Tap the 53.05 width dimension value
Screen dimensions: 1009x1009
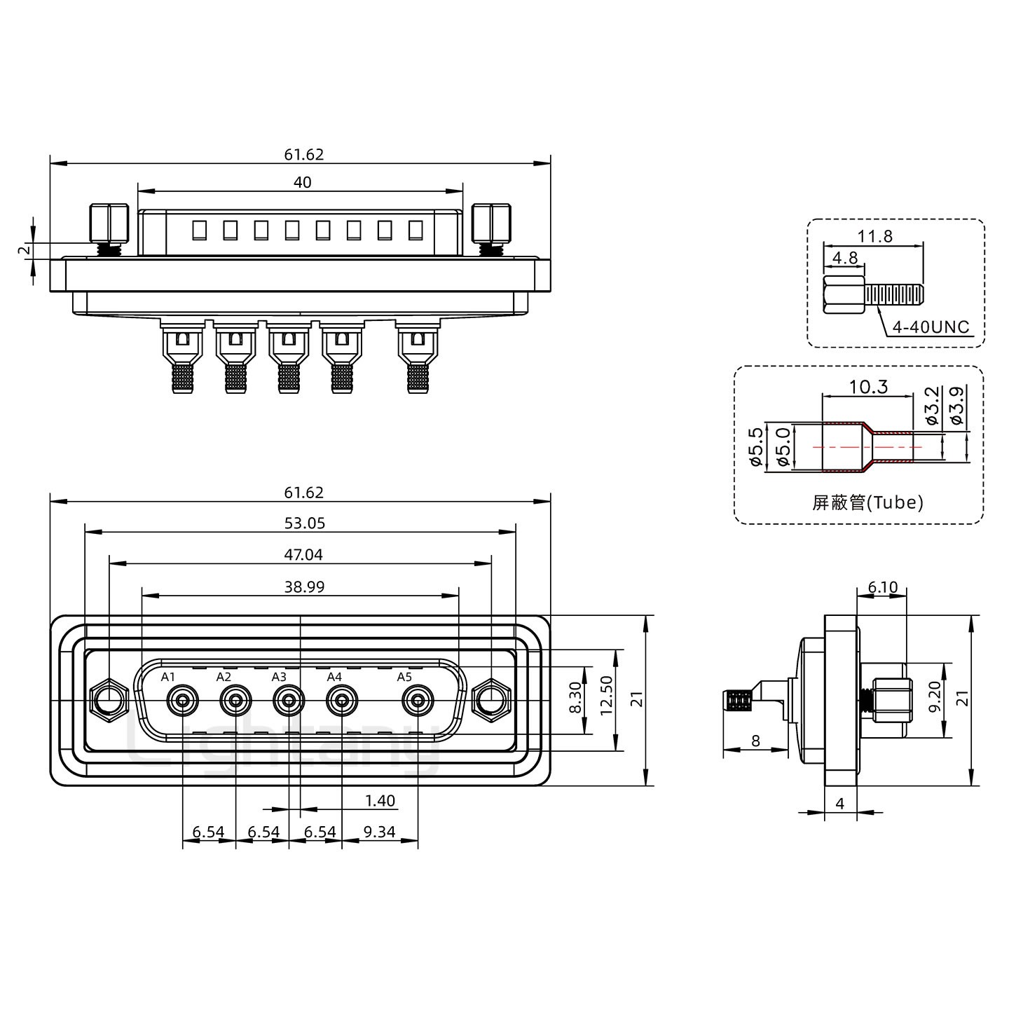click(x=305, y=523)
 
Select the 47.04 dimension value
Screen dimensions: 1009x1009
click(x=303, y=555)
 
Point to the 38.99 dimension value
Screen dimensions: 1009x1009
click(x=304, y=587)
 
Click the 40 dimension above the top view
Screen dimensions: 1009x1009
click(x=302, y=183)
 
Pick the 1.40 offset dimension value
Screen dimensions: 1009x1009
click(x=380, y=800)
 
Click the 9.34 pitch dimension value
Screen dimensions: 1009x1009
click(x=380, y=832)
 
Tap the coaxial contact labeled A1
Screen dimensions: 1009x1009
click(x=182, y=700)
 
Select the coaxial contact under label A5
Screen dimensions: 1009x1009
click(x=418, y=700)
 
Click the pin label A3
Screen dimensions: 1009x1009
click(x=279, y=677)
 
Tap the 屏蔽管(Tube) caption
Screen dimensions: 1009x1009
click(x=867, y=502)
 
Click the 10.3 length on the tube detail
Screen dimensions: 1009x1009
click(x=868, y=387)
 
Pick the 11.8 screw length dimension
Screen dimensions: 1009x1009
click(x=875, y=236)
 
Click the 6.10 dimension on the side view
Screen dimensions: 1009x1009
click(x=882, y=587)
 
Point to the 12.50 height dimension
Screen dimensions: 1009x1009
click(x=606, y=701)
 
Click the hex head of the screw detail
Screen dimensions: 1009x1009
click(x=844, y=297)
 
